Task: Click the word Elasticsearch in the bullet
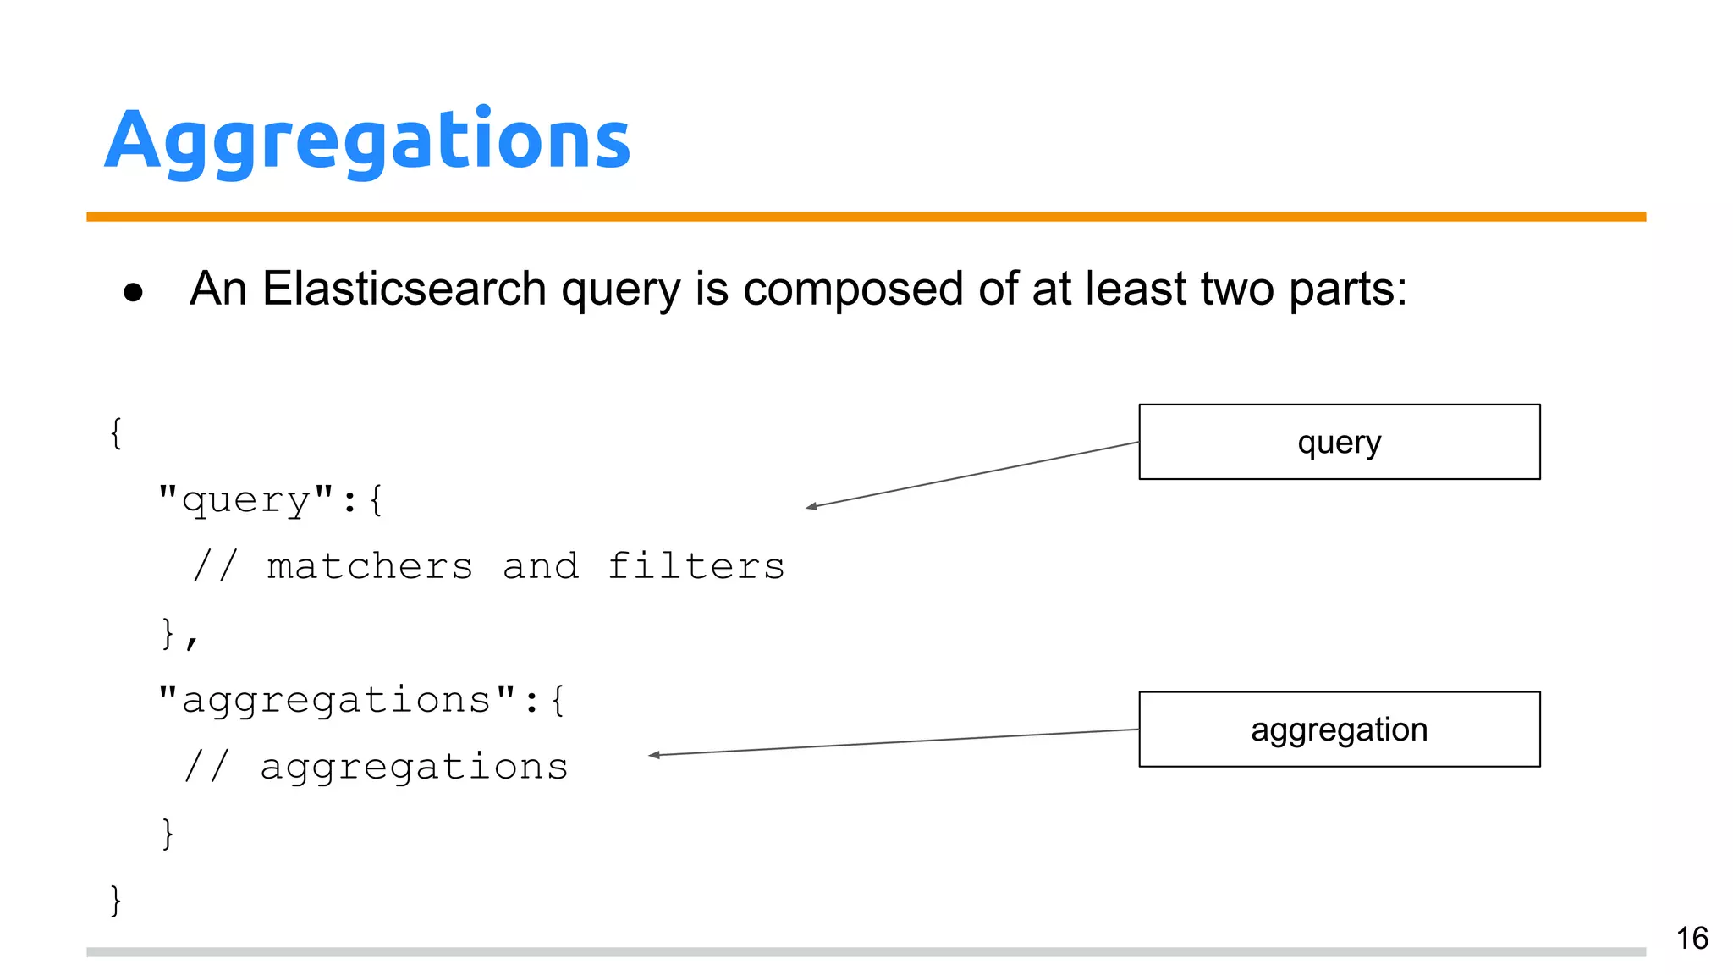click(x=404, y=289)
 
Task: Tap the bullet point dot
click(x=133, y=293)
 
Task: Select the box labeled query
click(x=1339, y=442)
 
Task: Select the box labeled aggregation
click(x=1339, y=730)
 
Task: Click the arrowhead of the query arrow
click(x=811, y=506)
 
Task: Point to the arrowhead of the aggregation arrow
click(x=653, y=755)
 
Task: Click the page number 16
click(x=1692, y=938)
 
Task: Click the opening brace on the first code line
click(x=116, y=432)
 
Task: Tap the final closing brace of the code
click(x=116, y=900)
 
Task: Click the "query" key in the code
click(x=246, y=499)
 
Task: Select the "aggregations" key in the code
click(x=337, y=700)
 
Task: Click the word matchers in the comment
click(x=370, y=566)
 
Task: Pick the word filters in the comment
click(x=696, y=566)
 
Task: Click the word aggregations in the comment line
click(x=414, y=767)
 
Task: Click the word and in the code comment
click(x=540, y=566)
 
